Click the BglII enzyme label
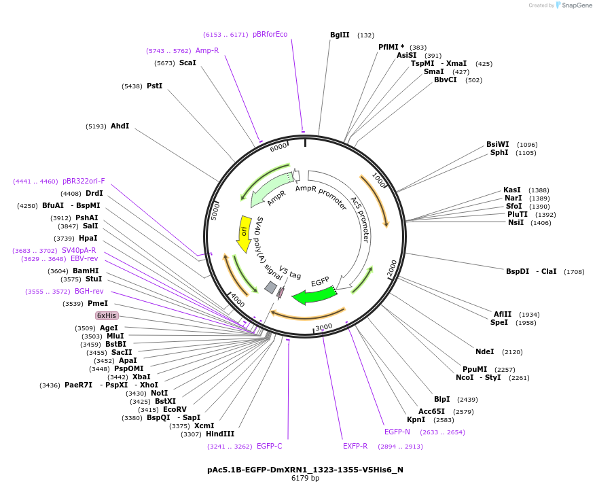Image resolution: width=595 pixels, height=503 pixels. click(x=340, y=35)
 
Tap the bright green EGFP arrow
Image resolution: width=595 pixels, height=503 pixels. click(x=314, y=295)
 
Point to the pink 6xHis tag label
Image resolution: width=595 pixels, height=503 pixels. click(x=107, y=315)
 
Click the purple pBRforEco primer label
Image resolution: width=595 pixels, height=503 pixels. click(x=270, y=34)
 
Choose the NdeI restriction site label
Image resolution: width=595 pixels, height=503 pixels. click(x=485, y=351)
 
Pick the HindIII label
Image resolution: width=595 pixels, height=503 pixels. click(x=220, y=434)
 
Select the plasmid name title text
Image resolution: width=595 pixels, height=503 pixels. click(x=305, y=469)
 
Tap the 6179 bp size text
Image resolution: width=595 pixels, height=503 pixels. click(x=305, y=478)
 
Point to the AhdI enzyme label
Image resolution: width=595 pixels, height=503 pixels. click(x=120, y=126)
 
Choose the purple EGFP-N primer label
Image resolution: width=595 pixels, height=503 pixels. click(x=397, y=432)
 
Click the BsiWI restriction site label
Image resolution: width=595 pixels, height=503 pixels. click(x=497, y=144)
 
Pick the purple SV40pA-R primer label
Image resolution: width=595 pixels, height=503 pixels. click(x=79, y=250)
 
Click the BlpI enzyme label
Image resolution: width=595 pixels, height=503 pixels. click(x=442, y=399)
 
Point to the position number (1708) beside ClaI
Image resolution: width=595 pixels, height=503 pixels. click(x=574, y=271)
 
